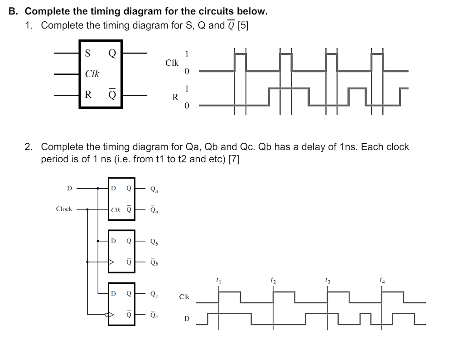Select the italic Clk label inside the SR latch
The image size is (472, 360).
pyautogui.click(x=92, y=74)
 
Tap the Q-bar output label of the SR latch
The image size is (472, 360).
pyautogui.click(x=111, y=95)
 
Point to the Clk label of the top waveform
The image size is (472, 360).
pyautogui.click(x=172, y=63)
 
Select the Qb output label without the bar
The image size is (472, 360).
pyautogui.click(x=154, y=243)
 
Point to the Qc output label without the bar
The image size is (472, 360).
pyautogui.click(x=154, y=293)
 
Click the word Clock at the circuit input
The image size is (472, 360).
pyautogui.click(x=64, y=209)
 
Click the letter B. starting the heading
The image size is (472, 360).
pyautogui.click(x=13, y=11)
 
